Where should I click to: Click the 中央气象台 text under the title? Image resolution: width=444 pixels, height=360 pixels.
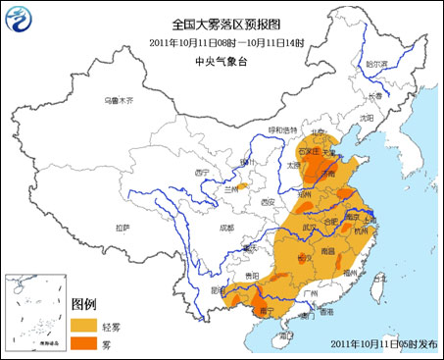[221, 59]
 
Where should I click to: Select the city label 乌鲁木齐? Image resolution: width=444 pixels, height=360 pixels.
[121, 100]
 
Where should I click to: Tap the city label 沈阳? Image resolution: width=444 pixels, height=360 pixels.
[367, 116]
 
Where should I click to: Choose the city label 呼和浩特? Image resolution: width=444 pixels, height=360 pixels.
[284, 129]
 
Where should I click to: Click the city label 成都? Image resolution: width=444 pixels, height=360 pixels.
[226, 227]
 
